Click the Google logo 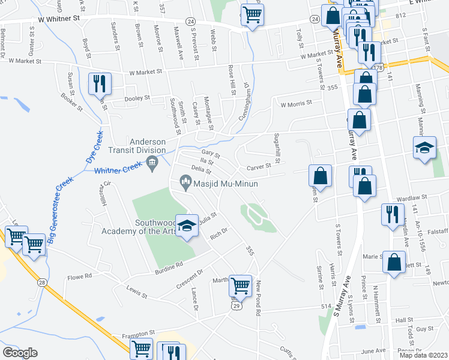pyautogui.click(x=20, y=353)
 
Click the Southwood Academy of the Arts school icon pyautogui.click(x=187, y=226)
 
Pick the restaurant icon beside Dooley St pyautogui.click(x=100, y=83)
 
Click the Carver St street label pyautogui.click(x=259, y=167)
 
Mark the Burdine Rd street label pyautogui.click(x=169, y=264)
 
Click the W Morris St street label pyautogui.click(x=296, y=103)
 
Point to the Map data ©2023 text pyautogui.click(x=424, y=355)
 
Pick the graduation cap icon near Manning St pyautogui.click(x=424, y=148)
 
